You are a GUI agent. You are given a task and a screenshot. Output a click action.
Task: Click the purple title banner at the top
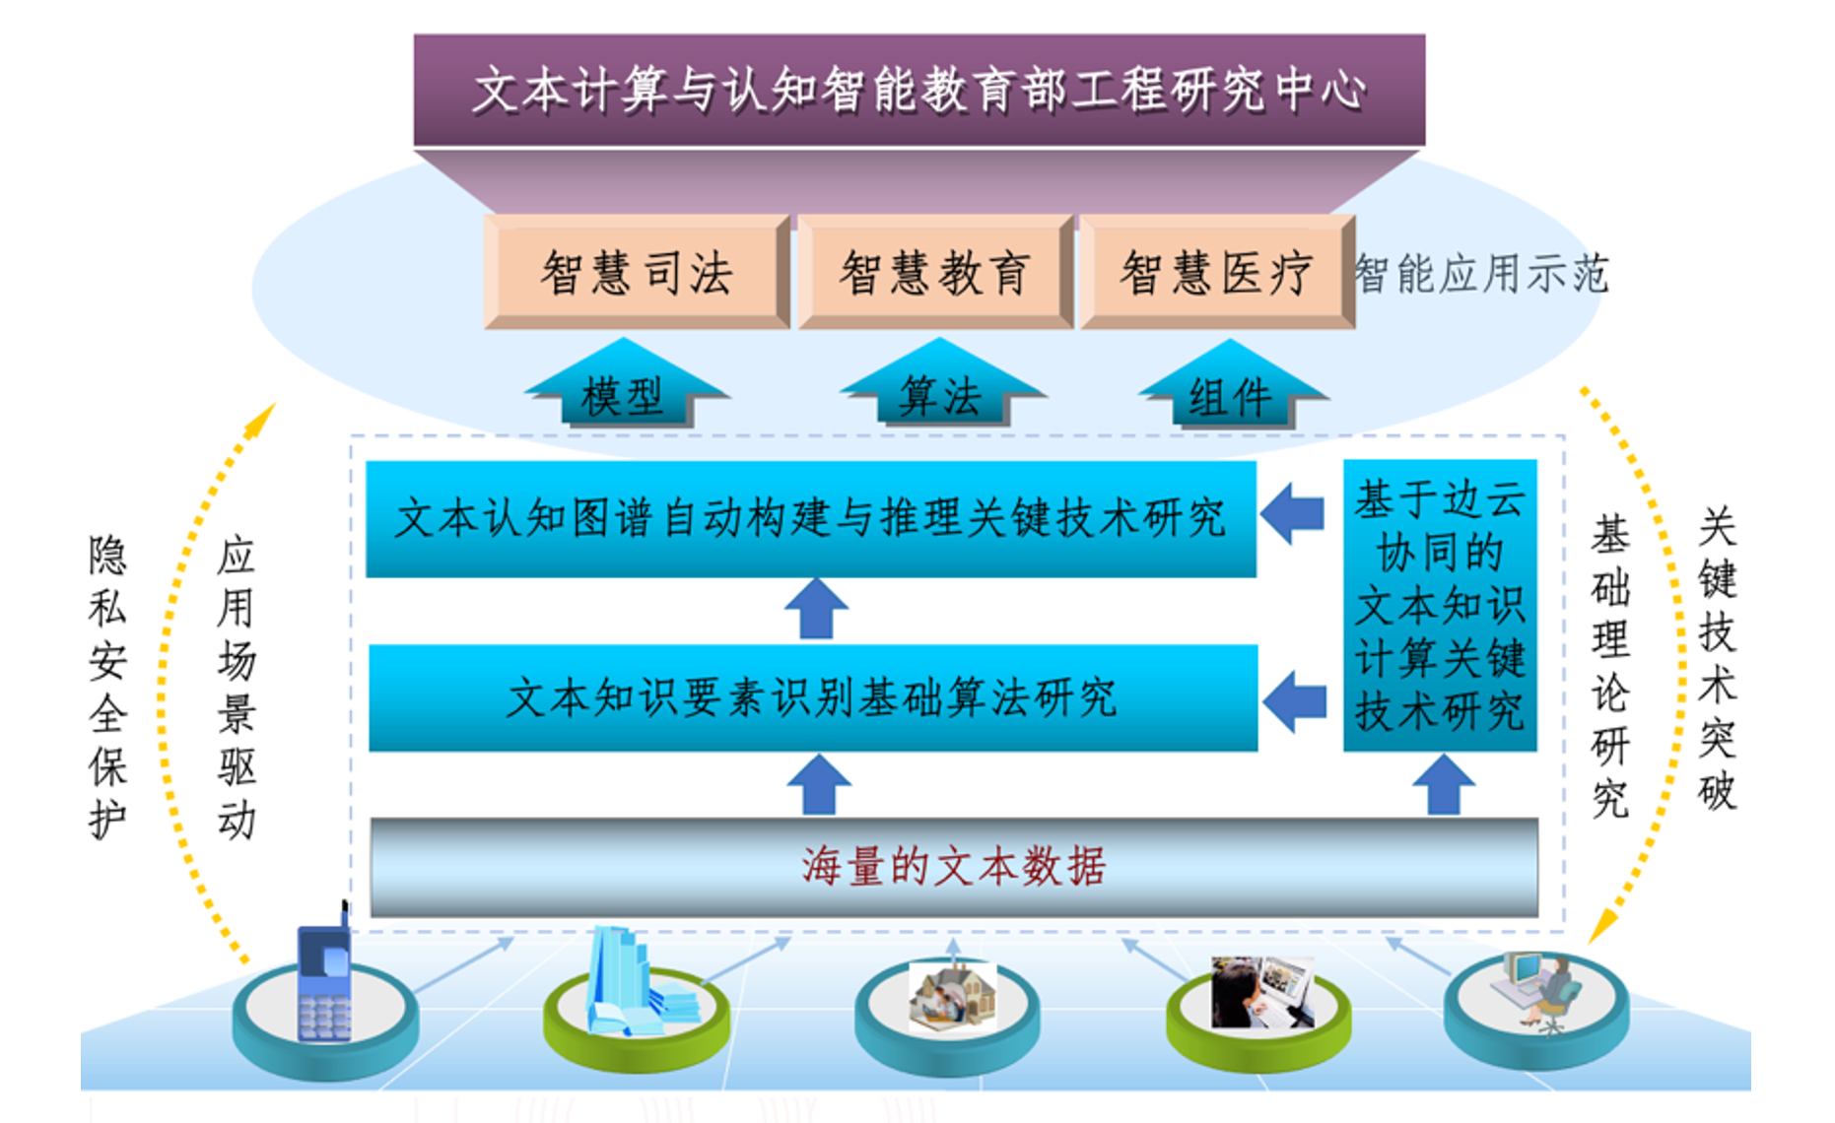918,91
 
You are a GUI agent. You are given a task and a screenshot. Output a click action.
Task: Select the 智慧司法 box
637,272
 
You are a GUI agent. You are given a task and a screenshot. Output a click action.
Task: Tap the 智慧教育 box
935,272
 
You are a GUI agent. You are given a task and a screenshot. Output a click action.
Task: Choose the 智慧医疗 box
1217,272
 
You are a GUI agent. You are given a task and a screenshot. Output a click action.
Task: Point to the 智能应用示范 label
1481,274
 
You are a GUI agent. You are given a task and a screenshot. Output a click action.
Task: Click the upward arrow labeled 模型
625,384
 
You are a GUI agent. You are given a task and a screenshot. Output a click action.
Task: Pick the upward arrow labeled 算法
941,384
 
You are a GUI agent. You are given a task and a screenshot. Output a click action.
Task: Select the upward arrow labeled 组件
1232,384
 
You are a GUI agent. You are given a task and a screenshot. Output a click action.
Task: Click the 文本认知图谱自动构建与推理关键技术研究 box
811,518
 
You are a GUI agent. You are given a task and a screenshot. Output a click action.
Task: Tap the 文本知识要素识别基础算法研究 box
813,697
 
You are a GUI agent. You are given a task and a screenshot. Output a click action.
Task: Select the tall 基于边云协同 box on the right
1440,605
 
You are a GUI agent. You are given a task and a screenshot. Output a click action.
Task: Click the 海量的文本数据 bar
954,867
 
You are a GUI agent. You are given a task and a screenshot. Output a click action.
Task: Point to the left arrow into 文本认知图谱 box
1292,512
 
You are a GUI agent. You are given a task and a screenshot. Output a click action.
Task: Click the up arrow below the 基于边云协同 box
1444,785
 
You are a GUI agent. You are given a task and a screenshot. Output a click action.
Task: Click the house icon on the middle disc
952,997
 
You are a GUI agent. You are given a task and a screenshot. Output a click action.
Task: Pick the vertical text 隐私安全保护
107,687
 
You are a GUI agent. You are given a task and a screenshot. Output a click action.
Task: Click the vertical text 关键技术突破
1717,658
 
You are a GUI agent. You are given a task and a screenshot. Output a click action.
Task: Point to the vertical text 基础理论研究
1610,667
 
